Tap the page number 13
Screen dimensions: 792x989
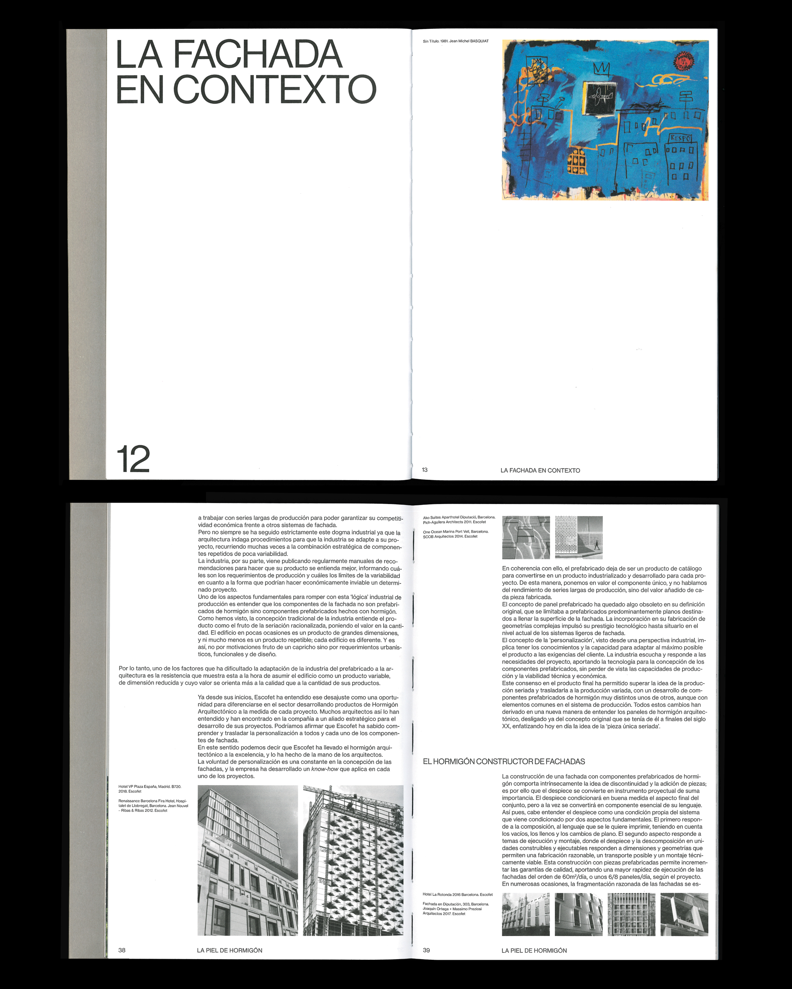pyautogui.click(x=425, y=470)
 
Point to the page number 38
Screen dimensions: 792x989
pyautogui.click(x=122, y=950)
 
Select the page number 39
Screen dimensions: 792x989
pyautogui.click(x=426, y=950)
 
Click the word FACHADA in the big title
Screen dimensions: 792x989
pyautogui.click(x=257, y=54)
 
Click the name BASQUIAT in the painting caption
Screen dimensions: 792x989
pyautogui.click(x=479, y=41)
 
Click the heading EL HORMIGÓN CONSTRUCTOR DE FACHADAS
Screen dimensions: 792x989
pyautogui.click(x=504, y=761)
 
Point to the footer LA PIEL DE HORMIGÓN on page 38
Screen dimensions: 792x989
pyautogui.click(x=230, y=950)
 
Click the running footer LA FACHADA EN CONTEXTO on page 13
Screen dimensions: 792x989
pyautogui.click(x=540, y=470)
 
